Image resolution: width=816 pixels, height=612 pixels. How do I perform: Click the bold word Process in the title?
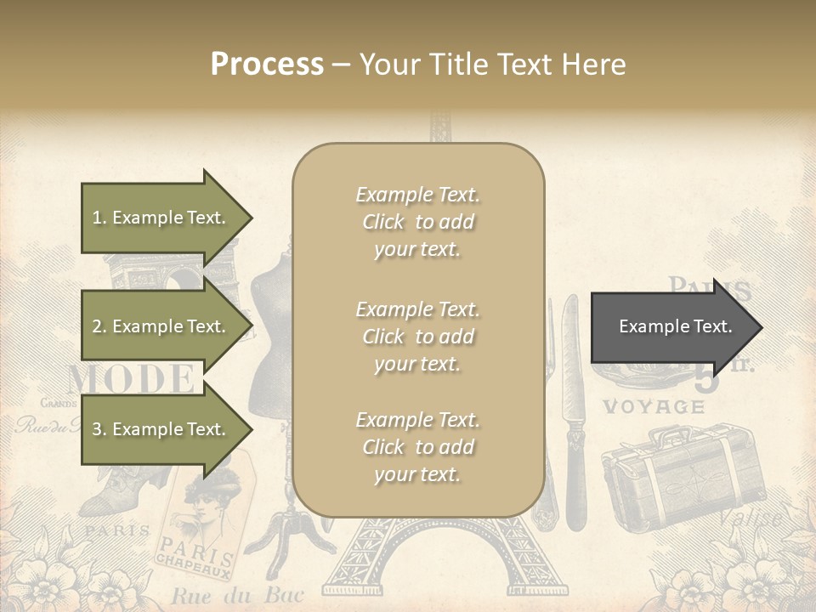[267, 65]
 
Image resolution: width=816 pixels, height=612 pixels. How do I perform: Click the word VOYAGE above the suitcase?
[654, 406]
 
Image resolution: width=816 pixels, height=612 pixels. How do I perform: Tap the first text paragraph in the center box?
[417, 222]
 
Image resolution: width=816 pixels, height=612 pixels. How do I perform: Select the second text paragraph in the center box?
[417, 337]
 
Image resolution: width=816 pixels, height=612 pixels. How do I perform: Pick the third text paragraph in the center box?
[417, 447]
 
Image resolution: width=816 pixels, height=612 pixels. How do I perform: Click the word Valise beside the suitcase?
[751, 517]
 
